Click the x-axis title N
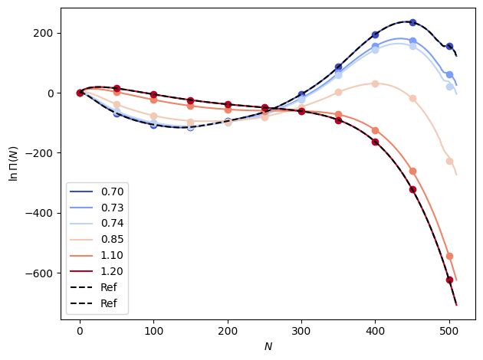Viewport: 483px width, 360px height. point(268,346)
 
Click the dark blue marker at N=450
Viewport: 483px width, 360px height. point(412,22)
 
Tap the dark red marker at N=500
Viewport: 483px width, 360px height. point(449,280)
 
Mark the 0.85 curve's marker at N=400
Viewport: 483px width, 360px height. point(376,83)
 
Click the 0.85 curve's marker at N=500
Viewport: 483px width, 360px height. point(449,161)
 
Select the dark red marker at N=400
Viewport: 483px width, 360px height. point(376,142)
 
